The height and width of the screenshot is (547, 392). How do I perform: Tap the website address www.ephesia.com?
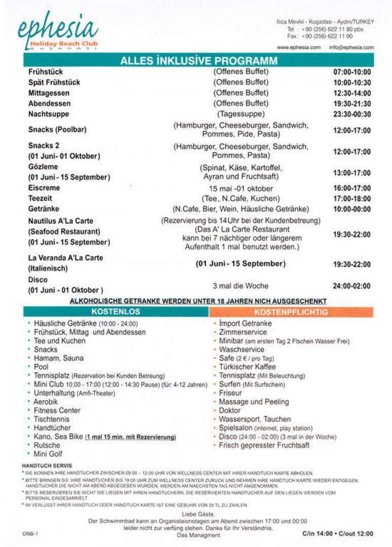(x=299, y=48)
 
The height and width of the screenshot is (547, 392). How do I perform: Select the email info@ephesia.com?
(x=351, y=48)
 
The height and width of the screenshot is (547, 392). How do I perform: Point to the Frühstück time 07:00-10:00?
(x=352, y=72)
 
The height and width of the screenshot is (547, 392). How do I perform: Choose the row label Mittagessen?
(x=49, y=93)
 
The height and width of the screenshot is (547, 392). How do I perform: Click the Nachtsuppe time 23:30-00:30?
(x=352, y=114)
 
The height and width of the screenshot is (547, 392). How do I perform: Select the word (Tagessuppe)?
(x=241, y=114)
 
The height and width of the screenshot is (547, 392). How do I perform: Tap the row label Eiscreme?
(x=44, y=188)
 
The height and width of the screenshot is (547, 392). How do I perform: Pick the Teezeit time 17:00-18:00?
(x=352, y=199)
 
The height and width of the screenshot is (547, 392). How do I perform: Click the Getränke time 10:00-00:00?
(x=352, y=209)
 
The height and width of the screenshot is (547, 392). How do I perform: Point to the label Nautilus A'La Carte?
(x=61, y=221)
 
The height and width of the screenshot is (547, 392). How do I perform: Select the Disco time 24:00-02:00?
(x=352, y=286)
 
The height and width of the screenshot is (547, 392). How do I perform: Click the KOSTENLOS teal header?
(x=116, y=311)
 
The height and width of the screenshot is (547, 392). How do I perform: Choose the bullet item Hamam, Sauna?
(x=58, y=358)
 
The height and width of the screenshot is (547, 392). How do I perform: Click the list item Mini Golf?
(x=48, y=454)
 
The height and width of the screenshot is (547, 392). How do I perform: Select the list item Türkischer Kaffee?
(x=247, y=367)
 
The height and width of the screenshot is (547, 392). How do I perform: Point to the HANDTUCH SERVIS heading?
(x=47, y=465)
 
